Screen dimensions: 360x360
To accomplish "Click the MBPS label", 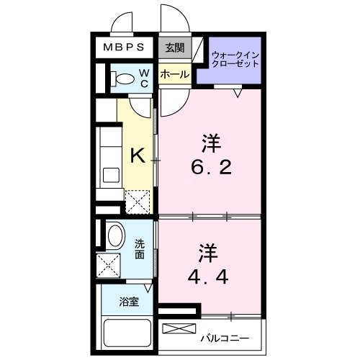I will [x=125, y=48].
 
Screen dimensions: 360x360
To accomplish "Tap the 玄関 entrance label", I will [x=174, y=48].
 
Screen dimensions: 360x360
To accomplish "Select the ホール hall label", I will [x=174, y=75].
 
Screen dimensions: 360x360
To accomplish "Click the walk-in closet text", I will [x=235, y=59].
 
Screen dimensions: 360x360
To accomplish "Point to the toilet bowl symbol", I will [x=125, y=77].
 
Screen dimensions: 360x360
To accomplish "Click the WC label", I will [x=143, y=77].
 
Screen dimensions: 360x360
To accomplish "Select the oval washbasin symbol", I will [x=114, y=236].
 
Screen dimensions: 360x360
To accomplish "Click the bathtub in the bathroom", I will [x=127, y=334].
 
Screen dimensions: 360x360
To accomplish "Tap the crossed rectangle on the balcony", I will [x=179, y=330].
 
